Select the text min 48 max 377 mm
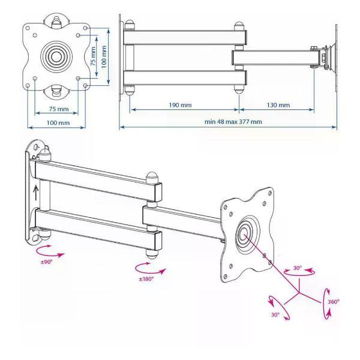tap(233, 121)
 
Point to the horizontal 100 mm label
tap(58, 122)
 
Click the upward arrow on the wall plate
tap(35, 193)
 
